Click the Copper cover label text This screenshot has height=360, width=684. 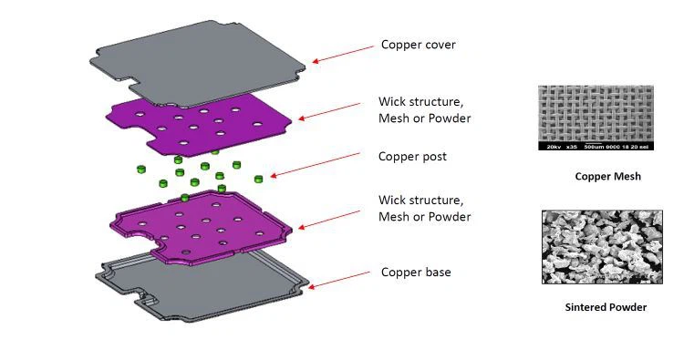coord(418,45)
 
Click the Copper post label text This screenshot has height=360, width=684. coord(412,157)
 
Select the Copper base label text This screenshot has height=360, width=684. coord(416,273)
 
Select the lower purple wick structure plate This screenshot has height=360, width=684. coord(201,223)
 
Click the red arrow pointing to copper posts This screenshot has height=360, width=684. coord(315,166)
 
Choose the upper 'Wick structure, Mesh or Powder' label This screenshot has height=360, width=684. coord(424,110)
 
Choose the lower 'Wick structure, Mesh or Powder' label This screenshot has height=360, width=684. coord(424,209)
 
